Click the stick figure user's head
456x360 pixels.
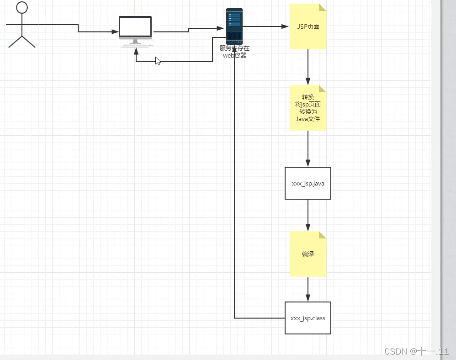(22, 8)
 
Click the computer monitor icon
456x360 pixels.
(135, 28)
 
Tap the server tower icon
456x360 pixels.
(234, 26)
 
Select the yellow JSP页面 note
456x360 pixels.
(308, 26)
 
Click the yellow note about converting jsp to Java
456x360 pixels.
(308, 108)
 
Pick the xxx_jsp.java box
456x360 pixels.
(308, 183)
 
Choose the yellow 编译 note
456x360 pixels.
(308, 254)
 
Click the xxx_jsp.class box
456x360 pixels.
(308, 318)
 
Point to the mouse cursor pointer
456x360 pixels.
(157, 60)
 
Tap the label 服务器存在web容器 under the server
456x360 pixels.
(234, 52)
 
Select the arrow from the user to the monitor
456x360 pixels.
(78, 28)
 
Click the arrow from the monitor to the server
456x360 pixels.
(189, 30)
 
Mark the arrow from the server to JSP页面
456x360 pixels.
(265, 26)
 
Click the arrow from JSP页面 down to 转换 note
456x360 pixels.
(308, 67)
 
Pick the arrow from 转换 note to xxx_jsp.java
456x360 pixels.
(308, 148)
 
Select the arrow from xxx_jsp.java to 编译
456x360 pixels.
(308, 215)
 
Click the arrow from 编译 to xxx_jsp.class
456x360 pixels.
(308, 289)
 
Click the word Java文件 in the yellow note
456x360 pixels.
(308, 119)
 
